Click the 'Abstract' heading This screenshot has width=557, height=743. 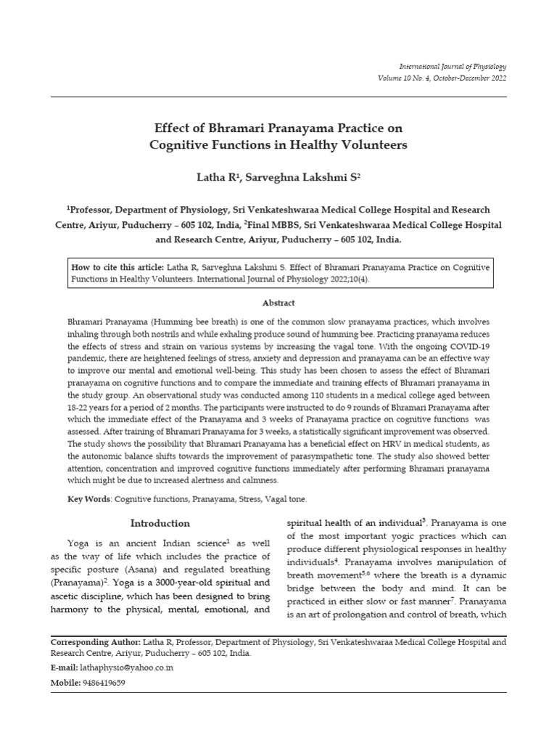tap(278, 303)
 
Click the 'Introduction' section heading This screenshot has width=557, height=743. tap(160, 523)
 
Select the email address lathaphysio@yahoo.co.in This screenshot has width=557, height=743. tap(128, 668)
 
